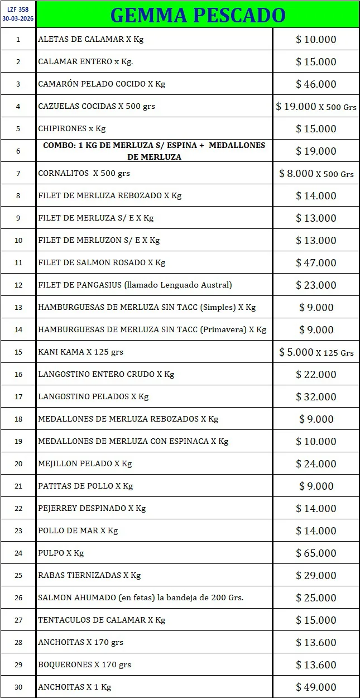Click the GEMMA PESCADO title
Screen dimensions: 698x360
(x=198, y=15)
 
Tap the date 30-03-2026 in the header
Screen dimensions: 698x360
(x=18, y=18)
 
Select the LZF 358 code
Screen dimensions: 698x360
(x=18, y=9)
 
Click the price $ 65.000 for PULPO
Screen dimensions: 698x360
(x=316, y=553)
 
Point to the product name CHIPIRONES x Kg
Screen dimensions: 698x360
(x=71, y=128)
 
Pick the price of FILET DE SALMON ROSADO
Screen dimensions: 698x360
(x=316, y=262)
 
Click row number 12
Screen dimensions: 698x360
(x=18, y=285)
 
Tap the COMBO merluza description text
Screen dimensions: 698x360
(x=154, y=151)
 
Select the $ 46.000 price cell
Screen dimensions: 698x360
(x=316, y=84)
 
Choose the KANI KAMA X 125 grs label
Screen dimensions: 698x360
(x=80, y=352)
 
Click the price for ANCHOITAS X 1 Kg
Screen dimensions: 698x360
(x=316, y=687)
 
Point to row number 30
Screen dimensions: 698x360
(x=18, y=687)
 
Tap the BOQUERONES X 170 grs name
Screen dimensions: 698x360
(x=84, y=664)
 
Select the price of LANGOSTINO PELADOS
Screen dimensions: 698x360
(x=316, y=396)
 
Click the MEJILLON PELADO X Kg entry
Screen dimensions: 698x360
(x=85, y=463)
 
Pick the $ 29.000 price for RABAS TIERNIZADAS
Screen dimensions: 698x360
(x=316, y=575)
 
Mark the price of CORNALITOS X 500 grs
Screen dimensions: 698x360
(x=316, y=173)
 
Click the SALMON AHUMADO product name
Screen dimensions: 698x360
(x=141, y=597)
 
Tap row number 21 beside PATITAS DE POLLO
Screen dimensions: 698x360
(x=18, y=486)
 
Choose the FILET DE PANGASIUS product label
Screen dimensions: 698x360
(x=135, y=285)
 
